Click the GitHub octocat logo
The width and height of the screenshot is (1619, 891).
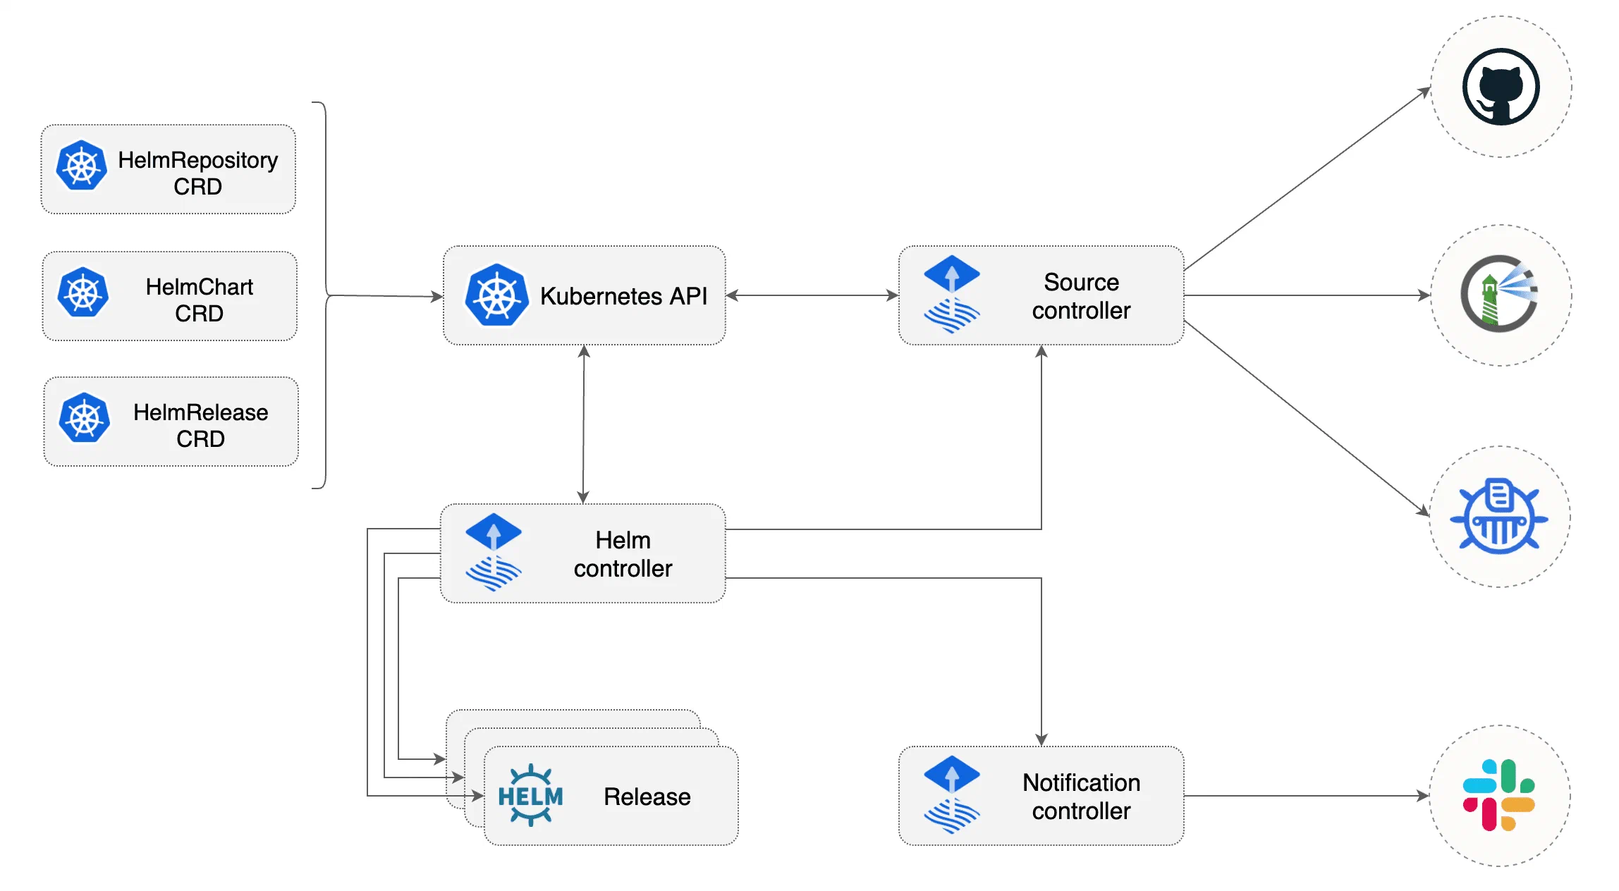tap(1501, 87)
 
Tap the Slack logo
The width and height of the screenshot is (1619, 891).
tap(1499, 795)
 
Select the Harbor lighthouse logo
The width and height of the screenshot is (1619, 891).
tap(1499, 294)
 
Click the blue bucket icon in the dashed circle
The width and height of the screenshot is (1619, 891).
tap(1499, 517)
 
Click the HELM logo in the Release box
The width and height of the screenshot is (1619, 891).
tap(530, 795)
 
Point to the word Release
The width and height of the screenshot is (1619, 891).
tap(647, 797)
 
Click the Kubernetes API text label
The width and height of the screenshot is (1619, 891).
tap(623, 296)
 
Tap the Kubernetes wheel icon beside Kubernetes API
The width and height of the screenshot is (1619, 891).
tap(496, 295)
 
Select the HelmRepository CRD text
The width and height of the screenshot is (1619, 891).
tap(197, 173)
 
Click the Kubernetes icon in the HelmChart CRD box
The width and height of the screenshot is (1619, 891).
tap(83, 293)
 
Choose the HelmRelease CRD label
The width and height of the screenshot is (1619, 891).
tap(200, 425)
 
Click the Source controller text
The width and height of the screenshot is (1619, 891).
tap(1081, 296)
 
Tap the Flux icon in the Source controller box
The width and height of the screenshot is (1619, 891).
tap(951, 295)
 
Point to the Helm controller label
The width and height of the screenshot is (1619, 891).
tap(623, 554)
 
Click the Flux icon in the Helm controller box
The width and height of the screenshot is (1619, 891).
tap(493, 553)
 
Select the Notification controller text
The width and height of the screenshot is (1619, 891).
tap(1081, 797)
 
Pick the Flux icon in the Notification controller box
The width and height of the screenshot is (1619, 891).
tap(951, 795)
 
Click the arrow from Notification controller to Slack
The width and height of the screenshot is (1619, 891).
tap(1305, 796)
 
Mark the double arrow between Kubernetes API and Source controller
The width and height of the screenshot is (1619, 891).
tap(812, 295)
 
